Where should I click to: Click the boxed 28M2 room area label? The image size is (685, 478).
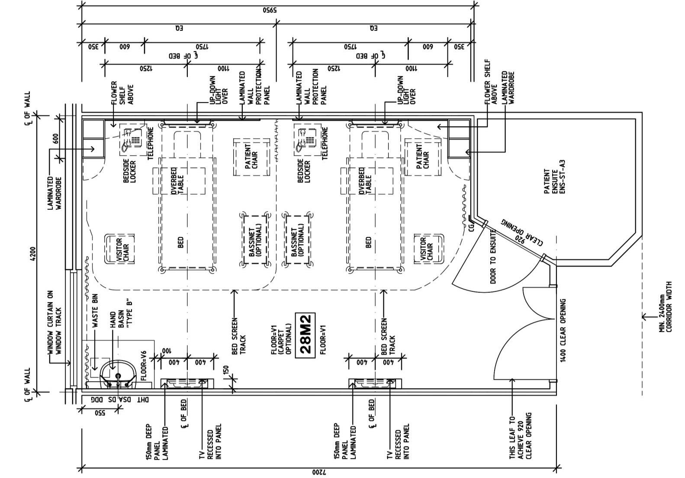coord(305,335)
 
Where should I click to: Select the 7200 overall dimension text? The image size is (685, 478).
coord(318,472)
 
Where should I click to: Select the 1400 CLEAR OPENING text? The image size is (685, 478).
coord(563,330)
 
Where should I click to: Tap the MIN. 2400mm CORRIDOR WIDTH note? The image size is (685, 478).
coord(666,307)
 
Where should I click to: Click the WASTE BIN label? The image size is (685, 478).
coord(96,310)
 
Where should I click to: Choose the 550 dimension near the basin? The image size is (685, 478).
coord(100,413)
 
